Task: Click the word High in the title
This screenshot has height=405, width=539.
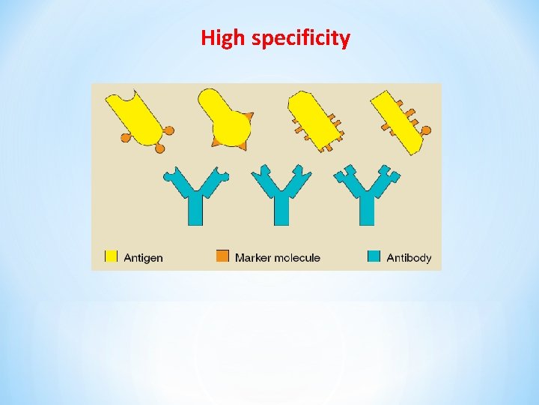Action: (224, 37)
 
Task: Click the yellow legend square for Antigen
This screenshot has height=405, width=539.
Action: (111, 256)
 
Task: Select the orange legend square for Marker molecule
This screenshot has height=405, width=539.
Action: (222, 256)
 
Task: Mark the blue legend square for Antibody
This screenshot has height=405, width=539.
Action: (374, 256)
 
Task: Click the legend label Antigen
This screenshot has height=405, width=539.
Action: (143, 258)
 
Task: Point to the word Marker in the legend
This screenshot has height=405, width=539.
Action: (252, 258)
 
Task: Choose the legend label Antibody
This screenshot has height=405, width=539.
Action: (409, 258)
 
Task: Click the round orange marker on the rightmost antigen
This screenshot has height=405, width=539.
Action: (426, 131)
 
